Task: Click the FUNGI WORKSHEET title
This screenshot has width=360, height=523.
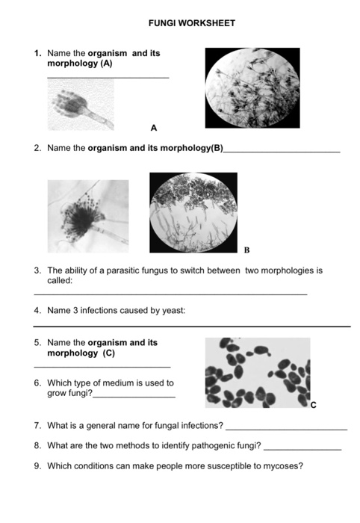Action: [192, 23]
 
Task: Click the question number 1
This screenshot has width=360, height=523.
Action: [37, 54]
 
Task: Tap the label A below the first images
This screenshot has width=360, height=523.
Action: [154, 127]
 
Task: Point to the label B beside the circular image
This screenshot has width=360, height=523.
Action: [246, 250]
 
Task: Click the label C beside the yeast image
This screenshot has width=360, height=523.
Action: [314, 406]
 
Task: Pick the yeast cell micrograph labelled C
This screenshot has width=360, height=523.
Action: [257, 374]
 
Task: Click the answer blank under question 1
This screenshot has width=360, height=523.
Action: [108, 78]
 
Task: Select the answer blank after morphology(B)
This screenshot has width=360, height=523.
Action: [282, 152]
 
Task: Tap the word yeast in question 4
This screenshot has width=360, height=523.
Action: [173, 311]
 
